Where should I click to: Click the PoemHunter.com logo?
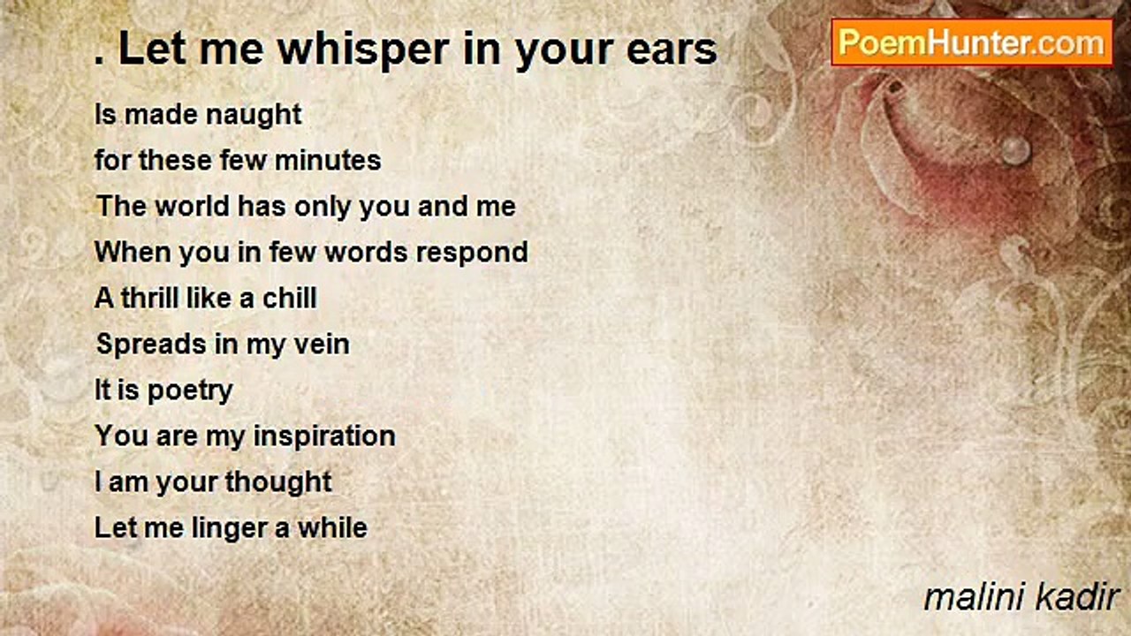tap(971, 42)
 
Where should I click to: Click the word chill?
tap(290, 299)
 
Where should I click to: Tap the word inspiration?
tap(324, 436)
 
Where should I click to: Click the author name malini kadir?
tap(1021, 598)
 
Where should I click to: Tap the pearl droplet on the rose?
tap(1015, 149)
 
